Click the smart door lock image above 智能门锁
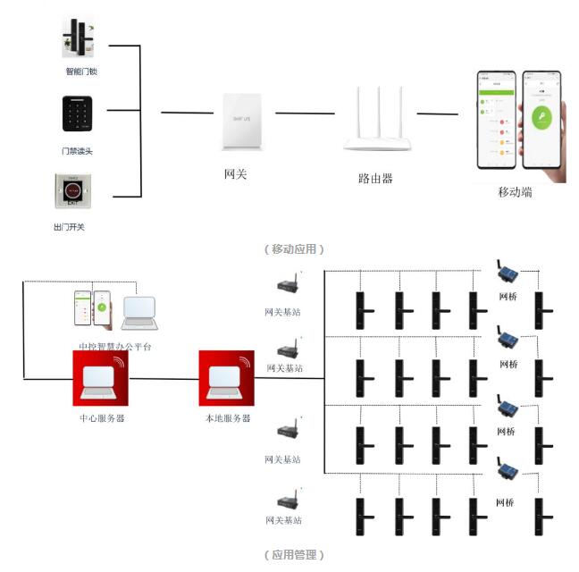(x=80, y=38)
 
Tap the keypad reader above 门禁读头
(x=78, y=115)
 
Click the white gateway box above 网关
(x=241, y=122)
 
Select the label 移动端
(x=515, y=192)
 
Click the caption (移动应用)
(x=294, y=248)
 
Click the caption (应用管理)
(x=294, y=555)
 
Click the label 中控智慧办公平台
(x=115, y=346)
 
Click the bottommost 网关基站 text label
(x=282, y=520)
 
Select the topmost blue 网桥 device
(x=508, y=273)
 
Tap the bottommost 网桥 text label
(x=506, y=503)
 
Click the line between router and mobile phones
(x=437, y=114)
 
